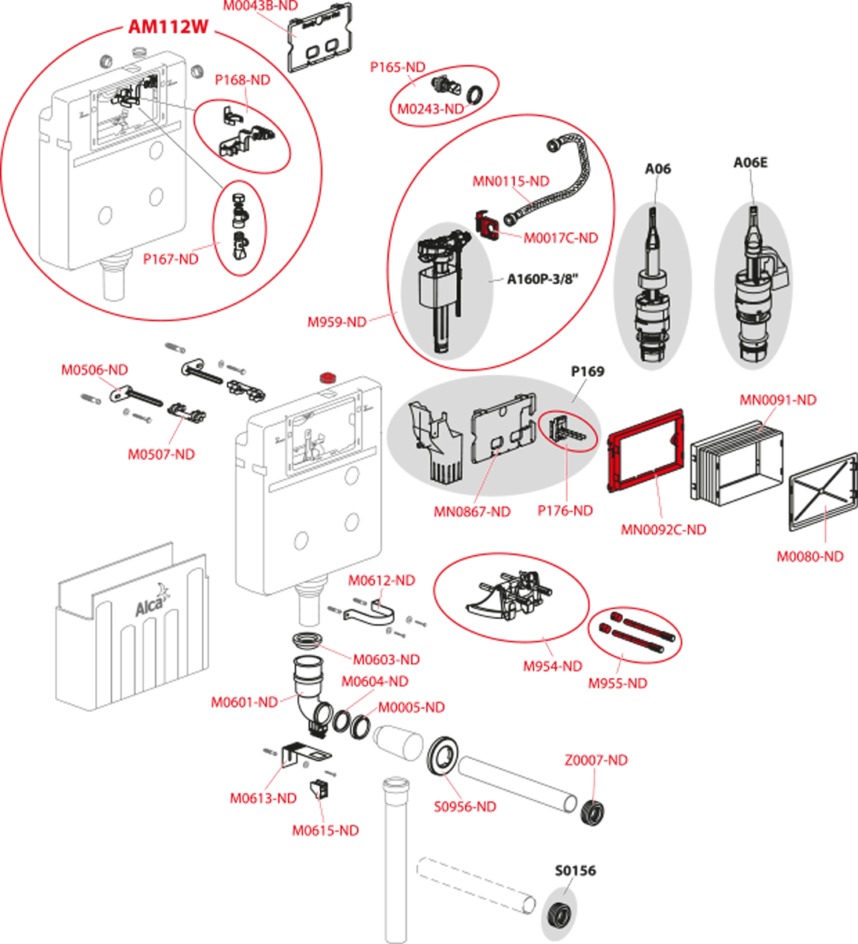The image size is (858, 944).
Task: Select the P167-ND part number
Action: point(171,258)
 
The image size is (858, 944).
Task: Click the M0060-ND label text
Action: point(810,556)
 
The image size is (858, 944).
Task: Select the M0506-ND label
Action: point(96,369)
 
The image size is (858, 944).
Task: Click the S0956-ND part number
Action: point(466,807)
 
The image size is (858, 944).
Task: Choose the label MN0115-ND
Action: point(510,181)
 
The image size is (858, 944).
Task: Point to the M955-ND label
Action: point(617,684)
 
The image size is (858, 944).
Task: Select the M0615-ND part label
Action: point(325,831)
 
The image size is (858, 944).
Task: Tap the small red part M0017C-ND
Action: point(489,225)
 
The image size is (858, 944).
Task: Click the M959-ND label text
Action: point(337,322)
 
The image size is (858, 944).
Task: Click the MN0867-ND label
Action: point(472,512)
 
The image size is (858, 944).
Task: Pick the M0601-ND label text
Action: point(244,702)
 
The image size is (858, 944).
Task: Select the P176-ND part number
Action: point(565,511)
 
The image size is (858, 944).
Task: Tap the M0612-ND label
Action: point(382,580)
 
